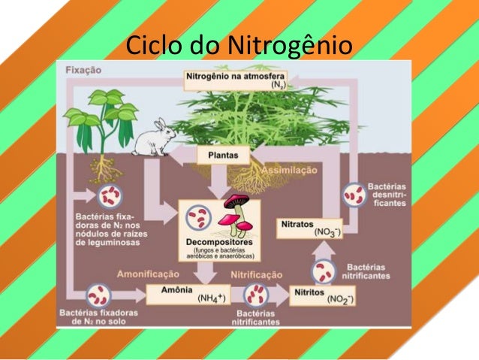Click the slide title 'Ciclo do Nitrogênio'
(238, 44)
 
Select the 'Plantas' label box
(223, 156)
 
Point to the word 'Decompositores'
(218, 242)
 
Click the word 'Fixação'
(83, 70)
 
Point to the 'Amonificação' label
(147, 274)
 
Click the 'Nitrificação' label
(256, 274)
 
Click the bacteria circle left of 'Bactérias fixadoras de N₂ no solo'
(98, 294)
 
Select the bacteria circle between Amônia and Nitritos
(257, 293)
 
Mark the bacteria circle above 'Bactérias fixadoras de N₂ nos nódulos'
(110, 197)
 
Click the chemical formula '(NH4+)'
(212, 298)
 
